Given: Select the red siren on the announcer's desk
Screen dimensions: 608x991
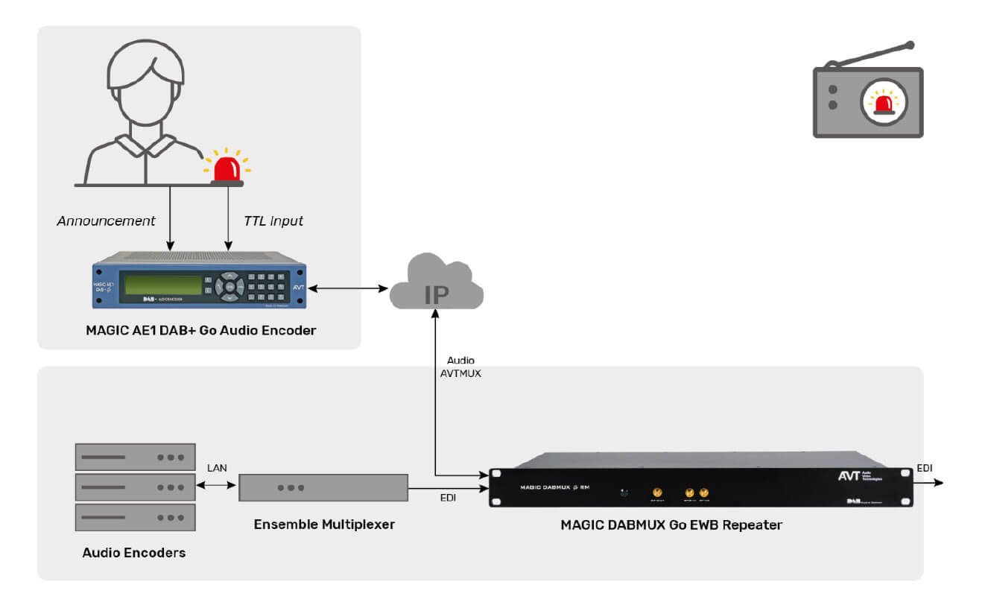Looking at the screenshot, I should (x=227, y=168).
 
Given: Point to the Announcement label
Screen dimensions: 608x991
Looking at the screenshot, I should (x=107, y=221).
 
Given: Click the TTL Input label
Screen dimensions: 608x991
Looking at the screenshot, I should (x=273, y=221).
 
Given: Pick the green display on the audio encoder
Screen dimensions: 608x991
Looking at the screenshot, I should (x=163, y=285).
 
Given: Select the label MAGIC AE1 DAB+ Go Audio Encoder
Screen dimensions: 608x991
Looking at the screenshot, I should (x=200, y=330).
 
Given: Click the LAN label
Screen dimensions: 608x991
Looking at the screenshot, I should (x=217, y=468).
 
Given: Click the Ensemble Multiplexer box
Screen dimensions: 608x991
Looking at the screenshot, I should (x=323, y=487).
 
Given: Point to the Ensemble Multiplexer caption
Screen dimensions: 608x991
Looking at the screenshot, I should (x=324, y=525).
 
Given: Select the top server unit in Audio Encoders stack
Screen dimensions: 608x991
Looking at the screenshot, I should (x=135, y=457).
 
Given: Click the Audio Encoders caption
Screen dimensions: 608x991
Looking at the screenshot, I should (x=134, y=553).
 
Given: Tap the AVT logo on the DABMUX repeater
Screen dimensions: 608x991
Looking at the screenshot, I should (x=849, y=476).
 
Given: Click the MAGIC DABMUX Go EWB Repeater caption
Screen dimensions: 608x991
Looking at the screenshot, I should (x=671, y=525).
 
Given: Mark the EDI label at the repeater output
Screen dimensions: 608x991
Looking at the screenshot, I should (x=925, y=468).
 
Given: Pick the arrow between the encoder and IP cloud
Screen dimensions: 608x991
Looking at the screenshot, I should (x=348, y=288).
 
